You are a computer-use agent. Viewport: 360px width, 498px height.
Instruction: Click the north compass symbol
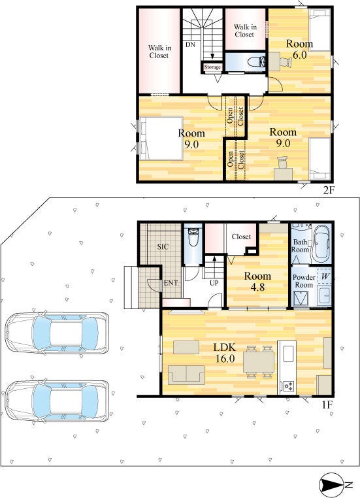coord(336,484)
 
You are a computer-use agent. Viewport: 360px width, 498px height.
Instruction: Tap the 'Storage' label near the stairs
coord(212,67)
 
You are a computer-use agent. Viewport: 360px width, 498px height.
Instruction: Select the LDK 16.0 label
coord(225,352)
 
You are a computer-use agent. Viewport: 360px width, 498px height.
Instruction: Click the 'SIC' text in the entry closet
coord(163,246)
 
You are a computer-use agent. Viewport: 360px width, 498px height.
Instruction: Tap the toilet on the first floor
coord(193,238)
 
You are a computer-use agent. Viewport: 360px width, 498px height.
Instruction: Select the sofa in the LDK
coord(186,374)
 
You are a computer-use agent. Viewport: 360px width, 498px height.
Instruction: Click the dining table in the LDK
coord(259,362)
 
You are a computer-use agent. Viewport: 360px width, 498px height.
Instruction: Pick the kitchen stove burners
coord(289,386)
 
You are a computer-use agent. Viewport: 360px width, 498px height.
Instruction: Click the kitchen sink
coord(289,353)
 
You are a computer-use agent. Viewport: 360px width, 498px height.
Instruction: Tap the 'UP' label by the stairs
coord(214,283)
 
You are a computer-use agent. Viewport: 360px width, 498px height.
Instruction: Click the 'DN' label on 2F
coord(191,45)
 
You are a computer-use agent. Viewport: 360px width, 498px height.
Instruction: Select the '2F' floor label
coord(329,190)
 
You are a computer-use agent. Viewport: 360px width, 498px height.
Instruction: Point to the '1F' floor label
coord(327,405)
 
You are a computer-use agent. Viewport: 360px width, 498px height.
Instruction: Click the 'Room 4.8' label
coord(257,282)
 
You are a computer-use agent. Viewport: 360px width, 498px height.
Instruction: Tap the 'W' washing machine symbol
coord(325,276)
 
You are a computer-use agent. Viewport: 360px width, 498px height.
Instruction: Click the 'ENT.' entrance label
coord(171,283)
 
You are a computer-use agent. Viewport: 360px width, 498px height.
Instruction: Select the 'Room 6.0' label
coord(299,49)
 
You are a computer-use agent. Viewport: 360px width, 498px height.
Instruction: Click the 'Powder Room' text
coord(304,281)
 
